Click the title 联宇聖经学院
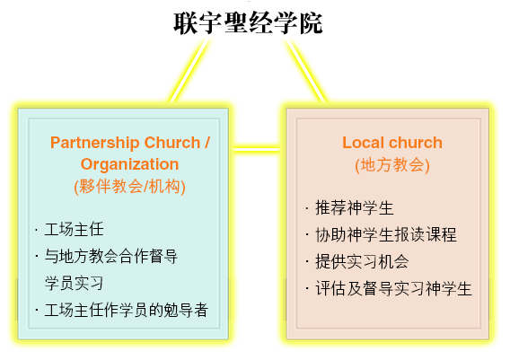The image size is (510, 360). (248, 23)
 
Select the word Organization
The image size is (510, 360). (130, 164)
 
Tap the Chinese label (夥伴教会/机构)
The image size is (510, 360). (130, 187)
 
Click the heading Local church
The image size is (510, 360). (392, 143)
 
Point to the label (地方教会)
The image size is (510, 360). (392, 164)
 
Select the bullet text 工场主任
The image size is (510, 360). (75, 229)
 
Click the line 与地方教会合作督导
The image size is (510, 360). (111, 256)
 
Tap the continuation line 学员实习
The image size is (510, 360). (75, 284)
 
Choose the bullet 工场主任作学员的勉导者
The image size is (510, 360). (127, 310)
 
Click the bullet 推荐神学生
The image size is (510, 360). (355, 207)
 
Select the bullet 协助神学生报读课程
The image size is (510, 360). (386, 235)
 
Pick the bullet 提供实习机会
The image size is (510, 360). (362, 262)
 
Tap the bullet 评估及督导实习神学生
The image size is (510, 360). (393, 289)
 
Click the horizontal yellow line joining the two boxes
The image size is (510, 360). (257, 149)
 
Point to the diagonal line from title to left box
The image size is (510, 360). (189, 71)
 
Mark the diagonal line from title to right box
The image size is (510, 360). (306, 71)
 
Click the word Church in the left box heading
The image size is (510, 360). (172, 143)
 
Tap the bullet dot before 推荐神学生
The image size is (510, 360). (307, 207)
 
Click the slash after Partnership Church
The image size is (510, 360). (207, 143)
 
